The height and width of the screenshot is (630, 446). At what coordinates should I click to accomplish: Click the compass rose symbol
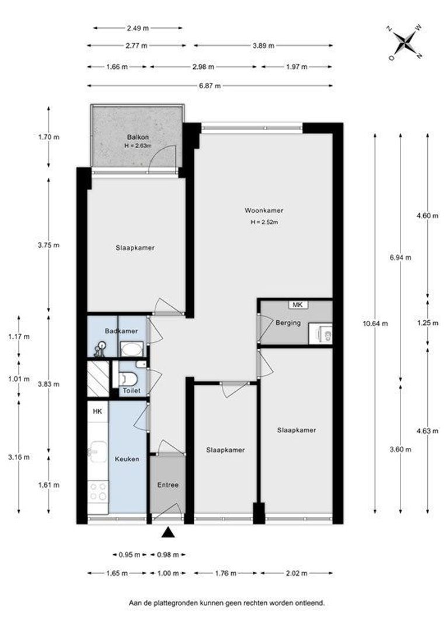(404, 43)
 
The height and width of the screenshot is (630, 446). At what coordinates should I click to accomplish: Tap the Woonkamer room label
(264, 210)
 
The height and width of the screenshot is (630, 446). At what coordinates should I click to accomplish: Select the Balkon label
(138, 137)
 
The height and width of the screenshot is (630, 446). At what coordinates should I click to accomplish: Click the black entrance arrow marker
(169, 533)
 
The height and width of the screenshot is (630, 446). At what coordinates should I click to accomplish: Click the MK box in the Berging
(298, 304)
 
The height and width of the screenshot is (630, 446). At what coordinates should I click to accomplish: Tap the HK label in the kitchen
(97, 411)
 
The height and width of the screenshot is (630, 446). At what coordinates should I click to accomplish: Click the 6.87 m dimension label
(210, 86)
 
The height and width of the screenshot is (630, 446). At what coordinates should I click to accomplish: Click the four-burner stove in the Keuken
(98, 491)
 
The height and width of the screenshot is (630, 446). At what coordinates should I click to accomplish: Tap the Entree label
(168, 485)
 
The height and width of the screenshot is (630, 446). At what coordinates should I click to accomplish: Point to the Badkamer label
(121, 331)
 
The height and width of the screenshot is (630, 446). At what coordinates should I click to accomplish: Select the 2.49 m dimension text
(138, 28)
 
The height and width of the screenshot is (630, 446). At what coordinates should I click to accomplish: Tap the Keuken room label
(127, 459)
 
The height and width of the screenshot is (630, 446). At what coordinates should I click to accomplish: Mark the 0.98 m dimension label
(168, 555)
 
